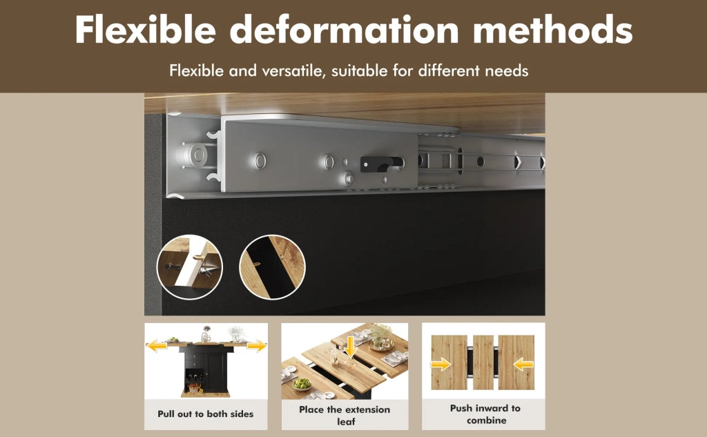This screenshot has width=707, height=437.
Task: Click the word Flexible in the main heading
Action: click(x=146, y=30)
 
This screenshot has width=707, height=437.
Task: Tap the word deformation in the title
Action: click(x=345, y=30)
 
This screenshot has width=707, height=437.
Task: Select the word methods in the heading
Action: click(x=553, y=30)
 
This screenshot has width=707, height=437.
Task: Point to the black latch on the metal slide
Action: click(x=381, y=164)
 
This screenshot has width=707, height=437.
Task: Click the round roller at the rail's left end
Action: click(x=197, y=155)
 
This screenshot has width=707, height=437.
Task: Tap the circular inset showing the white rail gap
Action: click(x=190, y=266)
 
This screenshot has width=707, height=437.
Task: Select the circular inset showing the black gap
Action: click(x=272, y=266)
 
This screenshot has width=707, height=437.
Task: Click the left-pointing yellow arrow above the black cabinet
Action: click(x=157, y=347)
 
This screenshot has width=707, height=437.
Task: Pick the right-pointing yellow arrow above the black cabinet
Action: click(x=256, y=347)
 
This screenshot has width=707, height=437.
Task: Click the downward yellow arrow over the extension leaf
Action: click(x=350, y=347)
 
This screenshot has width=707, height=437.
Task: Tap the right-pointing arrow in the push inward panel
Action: click(x=440, y=364)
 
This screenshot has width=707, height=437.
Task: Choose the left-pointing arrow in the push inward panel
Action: click(x=524, y=364)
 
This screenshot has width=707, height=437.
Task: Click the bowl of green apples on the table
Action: click(x=302, y=385)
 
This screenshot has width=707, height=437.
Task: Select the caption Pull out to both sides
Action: click(x=206, y=414)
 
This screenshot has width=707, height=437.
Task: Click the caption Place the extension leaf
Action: click(x=345, y=416)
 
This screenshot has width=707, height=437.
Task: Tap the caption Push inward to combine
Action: click(x=485, y=414)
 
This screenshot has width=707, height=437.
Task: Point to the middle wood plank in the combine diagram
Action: click(x=483, y=362)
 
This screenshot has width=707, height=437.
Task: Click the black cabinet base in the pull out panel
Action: click(x=206, y=371)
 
